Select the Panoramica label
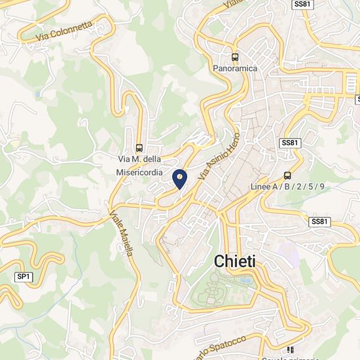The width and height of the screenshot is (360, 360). coord(235,68)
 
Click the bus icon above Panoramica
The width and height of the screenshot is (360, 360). coord(235,56)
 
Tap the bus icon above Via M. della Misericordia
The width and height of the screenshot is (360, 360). coord(139,148)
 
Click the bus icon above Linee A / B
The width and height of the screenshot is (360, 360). coord(287,175)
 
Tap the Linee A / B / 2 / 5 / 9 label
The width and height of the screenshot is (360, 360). coord(287,187)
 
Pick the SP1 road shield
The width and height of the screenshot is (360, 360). coord(24,277)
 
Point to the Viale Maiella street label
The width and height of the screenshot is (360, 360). coord(122,233)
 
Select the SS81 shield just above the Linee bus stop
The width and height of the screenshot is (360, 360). coord(289,143)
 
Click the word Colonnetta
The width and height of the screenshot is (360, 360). coord(73,27)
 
